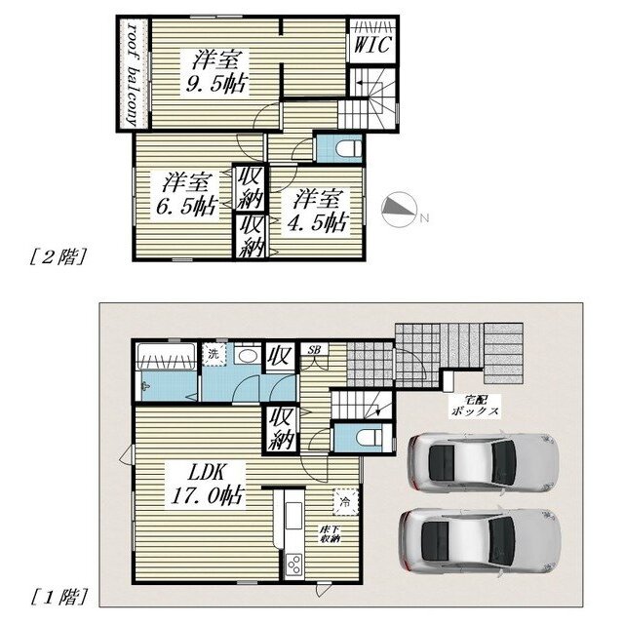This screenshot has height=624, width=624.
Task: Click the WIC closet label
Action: pyautogui.click(x=372, y=45)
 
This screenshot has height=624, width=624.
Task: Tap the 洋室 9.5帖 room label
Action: pyautogui.click(x=215, y=72)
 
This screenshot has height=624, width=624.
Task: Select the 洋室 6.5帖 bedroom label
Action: pyautogui.click(x=186, y=195)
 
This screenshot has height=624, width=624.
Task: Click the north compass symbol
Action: pyautogui.click(x=400, y=210)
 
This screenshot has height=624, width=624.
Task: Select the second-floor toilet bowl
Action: pyautogui.click(x=349, y=149)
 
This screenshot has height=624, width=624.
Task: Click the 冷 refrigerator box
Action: pyautogui.click(x=346, y=501)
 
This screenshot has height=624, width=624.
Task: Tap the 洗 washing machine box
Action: pyautogui.click(x=214, y=354)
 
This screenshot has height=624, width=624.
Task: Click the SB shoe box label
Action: pyautogui.click(x=314, y=350)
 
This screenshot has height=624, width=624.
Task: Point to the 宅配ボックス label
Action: pyautogui.click(x=475, y=406)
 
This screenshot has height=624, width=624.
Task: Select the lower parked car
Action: pyautogui.click(x=480, y=539)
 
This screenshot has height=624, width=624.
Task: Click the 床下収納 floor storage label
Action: pyautogui.click(x=331, y=534)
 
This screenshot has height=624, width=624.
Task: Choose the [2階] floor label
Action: pyautogui.click(x=58, y=257)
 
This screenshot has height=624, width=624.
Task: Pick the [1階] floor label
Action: pyautogui.click(x=58, y=597)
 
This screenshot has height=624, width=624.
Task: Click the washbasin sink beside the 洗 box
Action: pyautogui.click(x=247, y=355)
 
